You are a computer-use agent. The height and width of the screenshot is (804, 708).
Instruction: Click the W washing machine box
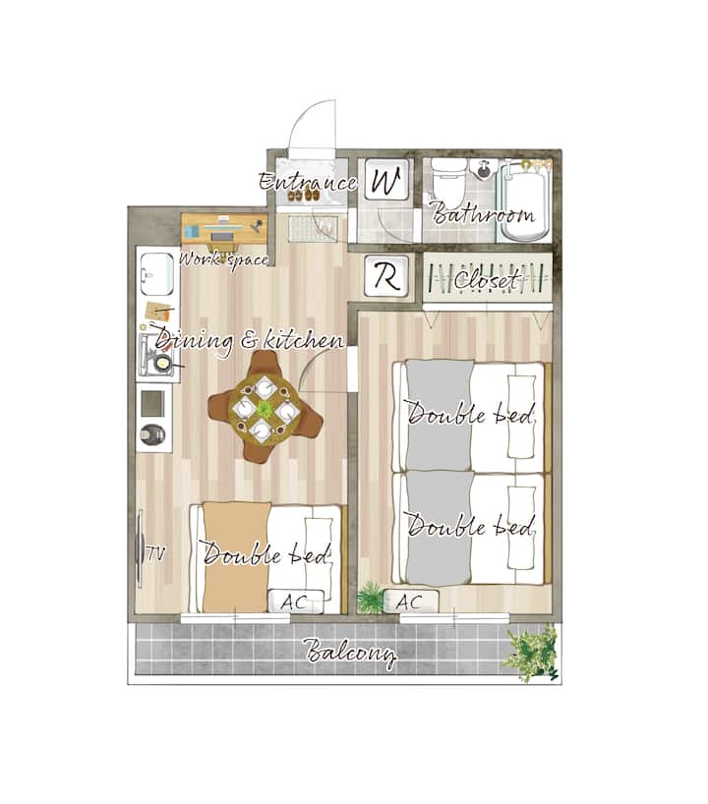pos(386,180)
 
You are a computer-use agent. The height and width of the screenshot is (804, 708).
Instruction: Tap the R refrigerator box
pos(386,276)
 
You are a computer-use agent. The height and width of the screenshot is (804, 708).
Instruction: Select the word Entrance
pos(308,182)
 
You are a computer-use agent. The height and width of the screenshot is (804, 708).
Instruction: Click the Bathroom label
pos(483,213)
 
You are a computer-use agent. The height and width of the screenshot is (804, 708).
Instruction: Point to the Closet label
pos(486,280)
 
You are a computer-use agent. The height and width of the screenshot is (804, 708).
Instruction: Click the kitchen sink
pos(157,273)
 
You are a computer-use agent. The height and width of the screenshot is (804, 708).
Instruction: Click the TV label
pos(156,553)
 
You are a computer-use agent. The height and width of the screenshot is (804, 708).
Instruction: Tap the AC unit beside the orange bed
pos(296,601)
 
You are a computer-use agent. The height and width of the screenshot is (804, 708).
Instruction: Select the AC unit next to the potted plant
pos(411,601)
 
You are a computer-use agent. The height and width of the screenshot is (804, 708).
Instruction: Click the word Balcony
pos(351,653)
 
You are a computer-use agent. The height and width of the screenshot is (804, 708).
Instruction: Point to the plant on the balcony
pos(530,652)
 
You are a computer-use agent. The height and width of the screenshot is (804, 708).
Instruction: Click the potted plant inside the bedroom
pos(370,598)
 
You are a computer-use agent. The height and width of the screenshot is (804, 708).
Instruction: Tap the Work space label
pos(223,258)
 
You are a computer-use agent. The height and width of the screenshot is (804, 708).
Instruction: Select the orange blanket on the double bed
pos(235,557)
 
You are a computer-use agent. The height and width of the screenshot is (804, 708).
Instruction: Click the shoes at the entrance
pos(302,196)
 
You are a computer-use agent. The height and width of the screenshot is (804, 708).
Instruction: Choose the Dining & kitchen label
pos(250,341)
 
